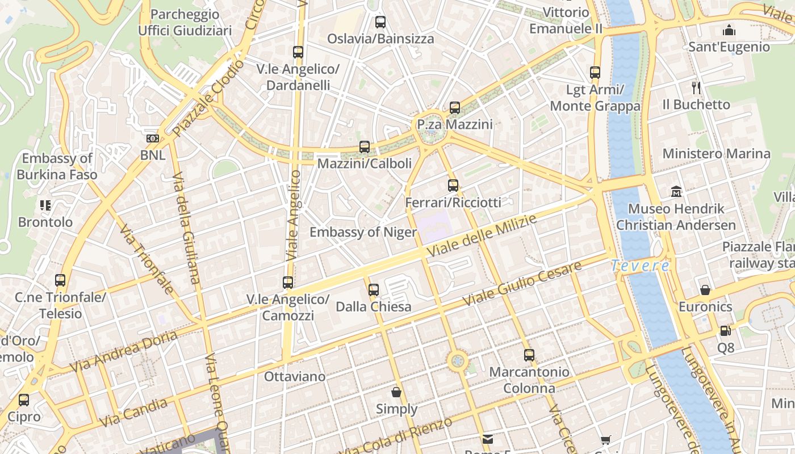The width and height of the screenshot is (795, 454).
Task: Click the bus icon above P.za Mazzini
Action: [x=454, y=108]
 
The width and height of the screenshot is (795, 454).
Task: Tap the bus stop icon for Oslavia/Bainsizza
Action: [x=380, y=23]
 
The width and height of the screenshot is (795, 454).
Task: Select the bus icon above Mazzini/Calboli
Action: [x=365, y=147]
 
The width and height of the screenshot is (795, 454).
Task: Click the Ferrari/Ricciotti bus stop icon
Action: [x=453, y=186]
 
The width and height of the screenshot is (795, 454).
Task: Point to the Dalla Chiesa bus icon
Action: [x=373, y=290]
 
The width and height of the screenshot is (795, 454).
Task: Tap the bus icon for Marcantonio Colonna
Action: [x=529, y=355]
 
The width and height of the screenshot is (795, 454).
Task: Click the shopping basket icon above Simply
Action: [x=396, y=392]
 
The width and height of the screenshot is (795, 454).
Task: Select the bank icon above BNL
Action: [x=152, y=138]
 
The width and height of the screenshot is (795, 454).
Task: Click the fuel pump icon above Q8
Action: [x=725, y=330]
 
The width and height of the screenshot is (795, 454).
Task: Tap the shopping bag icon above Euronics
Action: [x=705, y=290]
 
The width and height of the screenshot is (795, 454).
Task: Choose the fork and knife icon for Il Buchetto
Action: [x=697, y=87]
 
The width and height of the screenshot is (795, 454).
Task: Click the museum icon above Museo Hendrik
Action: [x=676, y=192]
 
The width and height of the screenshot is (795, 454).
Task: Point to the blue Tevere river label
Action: [x=641, y=266]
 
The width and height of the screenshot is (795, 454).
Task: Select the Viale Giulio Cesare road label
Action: [x=522, y=284]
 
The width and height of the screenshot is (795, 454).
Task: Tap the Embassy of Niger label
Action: [x=363, y=232]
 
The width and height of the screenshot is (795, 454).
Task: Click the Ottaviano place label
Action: [x=295, y=376]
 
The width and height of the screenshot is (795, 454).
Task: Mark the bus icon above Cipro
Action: [x=24, y=400]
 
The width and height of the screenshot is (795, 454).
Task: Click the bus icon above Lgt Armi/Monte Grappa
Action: [x=595, y=73]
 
